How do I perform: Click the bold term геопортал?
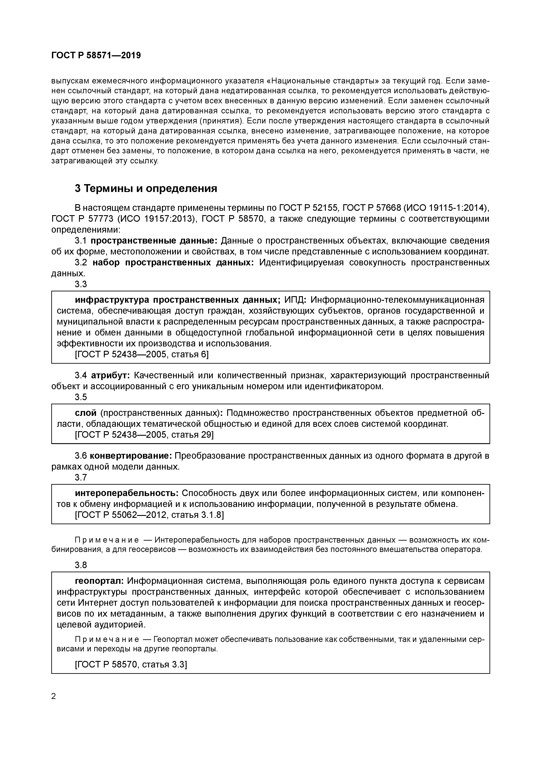point(99,581)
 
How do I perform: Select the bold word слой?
point(86,413)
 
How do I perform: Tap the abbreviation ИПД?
point(294,300)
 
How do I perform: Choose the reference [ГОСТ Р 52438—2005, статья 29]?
point(144,435)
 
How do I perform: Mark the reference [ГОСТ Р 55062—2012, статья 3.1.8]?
point(149,515)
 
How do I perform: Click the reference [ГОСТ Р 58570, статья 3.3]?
point(131,665)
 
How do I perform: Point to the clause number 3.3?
point(81,284)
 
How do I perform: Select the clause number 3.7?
point(81,478)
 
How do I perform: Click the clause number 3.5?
point(81,397)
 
